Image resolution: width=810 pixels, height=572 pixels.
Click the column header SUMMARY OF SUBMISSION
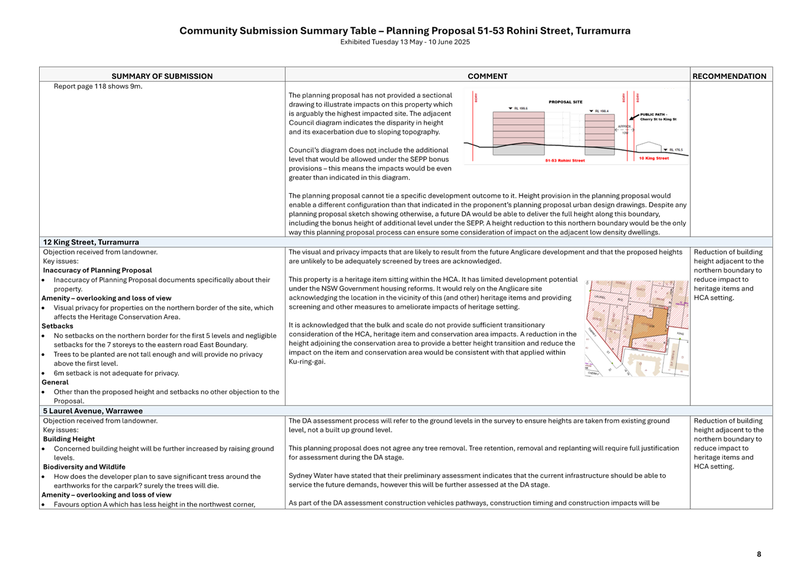162,76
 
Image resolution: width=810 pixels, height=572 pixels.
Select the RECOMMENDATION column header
729,76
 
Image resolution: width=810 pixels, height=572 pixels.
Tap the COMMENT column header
487,76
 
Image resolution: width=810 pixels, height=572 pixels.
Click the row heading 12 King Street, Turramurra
91,242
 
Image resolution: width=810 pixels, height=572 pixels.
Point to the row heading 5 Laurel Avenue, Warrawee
92,411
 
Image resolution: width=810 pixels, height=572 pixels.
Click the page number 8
758,554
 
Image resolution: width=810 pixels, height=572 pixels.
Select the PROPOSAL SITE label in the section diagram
565,102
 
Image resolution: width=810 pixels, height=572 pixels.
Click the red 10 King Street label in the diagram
654,159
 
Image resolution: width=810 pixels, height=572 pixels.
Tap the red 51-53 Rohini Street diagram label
565,160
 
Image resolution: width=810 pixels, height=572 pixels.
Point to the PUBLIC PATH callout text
657,117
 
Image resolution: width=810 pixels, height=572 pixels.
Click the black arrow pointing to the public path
633,117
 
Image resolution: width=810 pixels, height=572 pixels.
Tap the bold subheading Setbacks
57,326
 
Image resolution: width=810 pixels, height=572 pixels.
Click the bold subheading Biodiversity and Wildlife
84,467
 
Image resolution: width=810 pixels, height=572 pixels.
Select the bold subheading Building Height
69,439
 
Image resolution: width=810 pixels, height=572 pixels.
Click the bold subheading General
55,383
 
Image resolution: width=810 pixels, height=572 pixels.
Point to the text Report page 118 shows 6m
98,86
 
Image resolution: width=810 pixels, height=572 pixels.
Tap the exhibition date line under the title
405,42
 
